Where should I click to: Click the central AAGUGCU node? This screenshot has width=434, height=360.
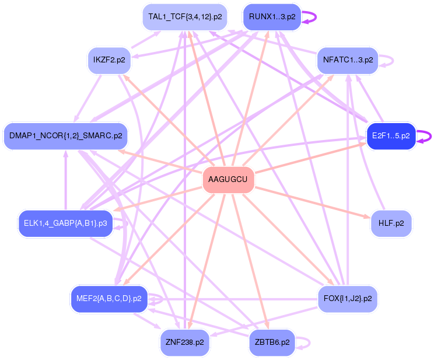tap(228, 179)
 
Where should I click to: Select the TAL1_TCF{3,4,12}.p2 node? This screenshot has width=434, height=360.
tap(185, 17)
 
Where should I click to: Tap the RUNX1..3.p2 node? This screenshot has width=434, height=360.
tap(272, 17)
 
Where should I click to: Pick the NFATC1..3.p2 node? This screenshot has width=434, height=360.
tap(348, 60)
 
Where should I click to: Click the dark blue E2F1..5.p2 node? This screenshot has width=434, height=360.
tap(391, 136)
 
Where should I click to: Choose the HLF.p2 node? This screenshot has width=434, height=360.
tap(391, 223)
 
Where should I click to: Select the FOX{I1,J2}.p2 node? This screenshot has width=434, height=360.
tap(347, 299)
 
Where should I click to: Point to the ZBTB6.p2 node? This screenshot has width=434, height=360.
tap(272, 342)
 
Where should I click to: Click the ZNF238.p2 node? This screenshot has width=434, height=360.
tap(184, 342)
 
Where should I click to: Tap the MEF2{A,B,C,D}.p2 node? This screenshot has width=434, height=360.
tap(108, 299)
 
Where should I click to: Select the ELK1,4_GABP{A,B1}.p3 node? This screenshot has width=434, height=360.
tap(65, 223)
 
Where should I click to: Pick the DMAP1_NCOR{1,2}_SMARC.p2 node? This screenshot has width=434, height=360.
tap(65, 136)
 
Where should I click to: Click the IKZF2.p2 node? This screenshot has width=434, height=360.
tap(109, 60)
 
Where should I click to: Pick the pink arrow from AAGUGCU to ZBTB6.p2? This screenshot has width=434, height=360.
tap(250, 263)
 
